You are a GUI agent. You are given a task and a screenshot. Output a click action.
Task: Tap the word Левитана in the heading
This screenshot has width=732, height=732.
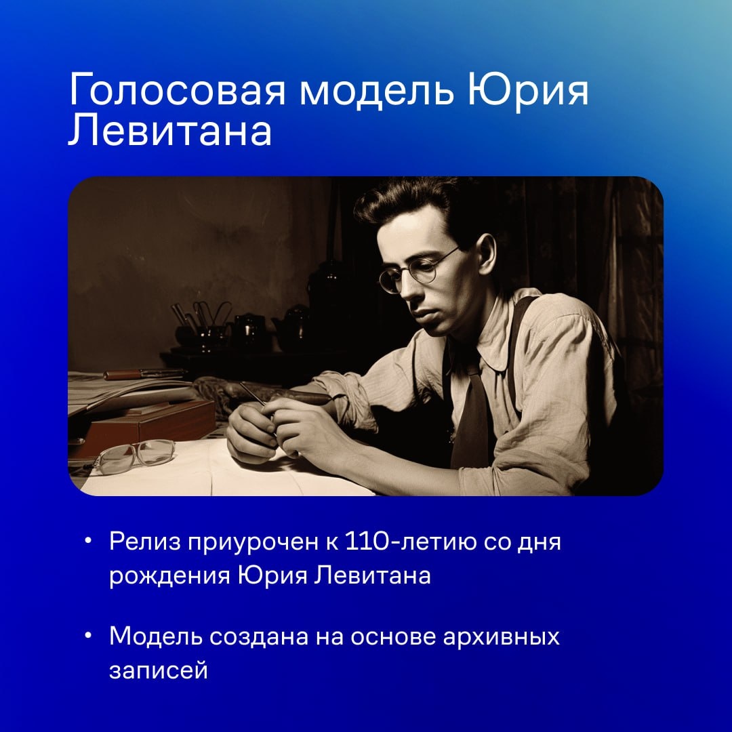click(169, 131)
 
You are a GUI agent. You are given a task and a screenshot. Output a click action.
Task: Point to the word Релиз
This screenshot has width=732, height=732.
click(143, 544)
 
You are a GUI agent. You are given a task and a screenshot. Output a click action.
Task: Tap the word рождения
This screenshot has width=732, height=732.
click(169, 577)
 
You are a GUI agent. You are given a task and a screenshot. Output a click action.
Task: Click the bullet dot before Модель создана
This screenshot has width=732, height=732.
click(88, 638)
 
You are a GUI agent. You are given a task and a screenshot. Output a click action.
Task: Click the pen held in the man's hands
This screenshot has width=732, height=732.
click(253, 394)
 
